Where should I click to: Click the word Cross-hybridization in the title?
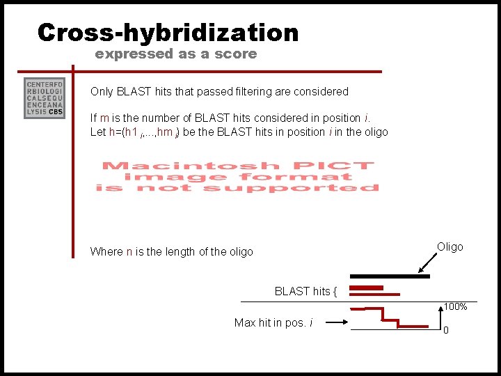168,33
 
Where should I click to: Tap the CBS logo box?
45,98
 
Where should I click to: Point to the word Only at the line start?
102,91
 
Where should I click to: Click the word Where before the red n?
106,251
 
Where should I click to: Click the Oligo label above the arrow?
450,247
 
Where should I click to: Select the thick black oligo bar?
390,276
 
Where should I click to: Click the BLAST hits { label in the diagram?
305,292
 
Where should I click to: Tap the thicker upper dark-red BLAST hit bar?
367,288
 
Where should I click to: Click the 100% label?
455,307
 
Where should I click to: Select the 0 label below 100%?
446,330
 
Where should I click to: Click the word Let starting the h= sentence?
97,132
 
